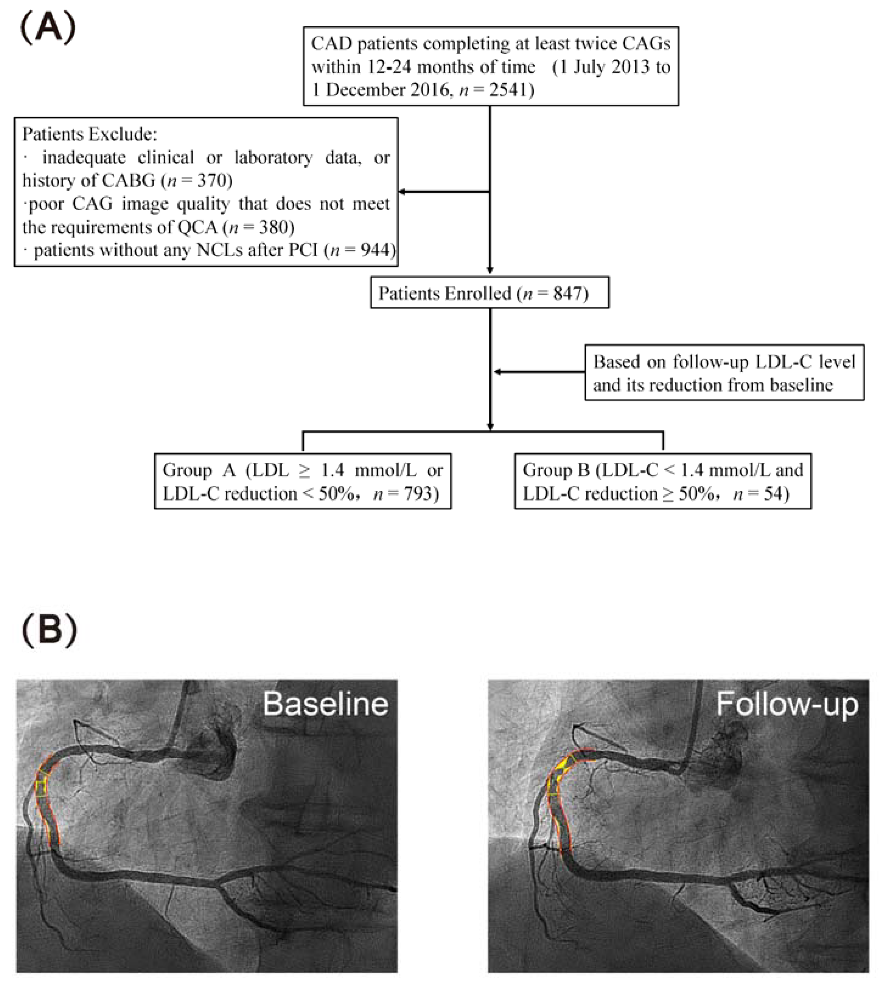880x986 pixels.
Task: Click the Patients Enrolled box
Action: pyautogui.click(x=489, y=293)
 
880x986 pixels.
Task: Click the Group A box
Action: pyautogui.click(x=303, y=481)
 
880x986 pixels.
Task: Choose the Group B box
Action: pyautogui.click(x=662, y=481)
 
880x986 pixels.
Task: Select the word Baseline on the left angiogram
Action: pyautogui.click(x=325, y=704)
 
